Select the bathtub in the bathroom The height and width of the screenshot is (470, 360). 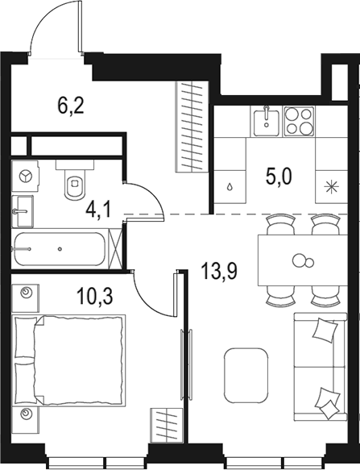[x=60, y=251]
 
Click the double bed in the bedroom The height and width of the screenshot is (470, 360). [x=70, y=360]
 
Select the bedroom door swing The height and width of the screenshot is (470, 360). [x=153, y=294]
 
